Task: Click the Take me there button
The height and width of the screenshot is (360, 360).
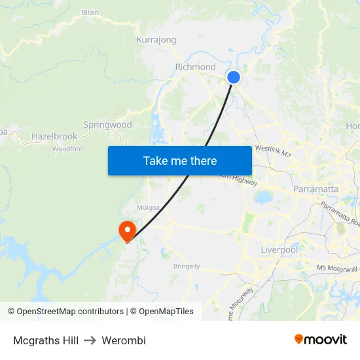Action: [180, 160]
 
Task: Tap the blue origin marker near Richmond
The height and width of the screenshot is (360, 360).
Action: [233, 77]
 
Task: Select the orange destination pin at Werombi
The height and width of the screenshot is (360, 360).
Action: [126, 231]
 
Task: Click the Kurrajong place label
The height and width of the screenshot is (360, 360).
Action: [156, 40]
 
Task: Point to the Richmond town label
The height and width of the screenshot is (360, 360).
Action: [195, 67]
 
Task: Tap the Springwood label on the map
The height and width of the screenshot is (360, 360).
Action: [107, 124]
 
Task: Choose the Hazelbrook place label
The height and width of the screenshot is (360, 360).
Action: [54, 137]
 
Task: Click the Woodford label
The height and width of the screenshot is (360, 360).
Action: [67, 149]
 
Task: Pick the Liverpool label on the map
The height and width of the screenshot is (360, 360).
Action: [279, 250]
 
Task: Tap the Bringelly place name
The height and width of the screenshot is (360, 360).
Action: [187, 266]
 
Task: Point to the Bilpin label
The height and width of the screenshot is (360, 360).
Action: [90, 12]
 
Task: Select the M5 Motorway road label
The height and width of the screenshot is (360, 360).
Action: [336, 268]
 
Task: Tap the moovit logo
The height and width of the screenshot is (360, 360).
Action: [321, 340]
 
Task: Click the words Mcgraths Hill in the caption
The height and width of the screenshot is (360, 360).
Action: [46, 340]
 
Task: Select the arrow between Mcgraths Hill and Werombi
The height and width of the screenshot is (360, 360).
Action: [90, 340]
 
